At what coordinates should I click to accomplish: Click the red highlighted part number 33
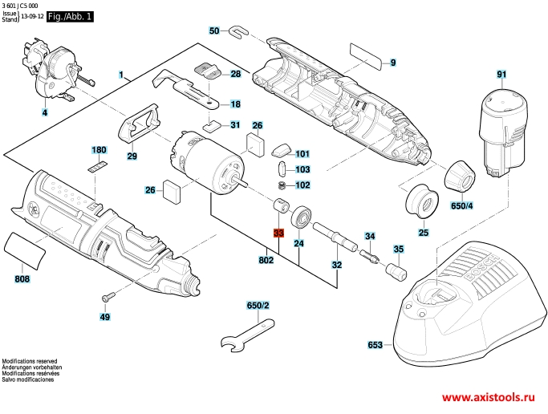click(278, 233)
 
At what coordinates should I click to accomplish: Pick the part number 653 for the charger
click(375, 345)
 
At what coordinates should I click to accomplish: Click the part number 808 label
click(22, 279)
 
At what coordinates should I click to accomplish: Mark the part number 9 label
click(393, 62)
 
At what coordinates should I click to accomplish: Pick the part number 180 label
click(99, 150)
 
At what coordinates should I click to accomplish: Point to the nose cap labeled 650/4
click(461, 174)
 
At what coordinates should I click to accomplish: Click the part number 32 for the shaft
click(337, 265)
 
